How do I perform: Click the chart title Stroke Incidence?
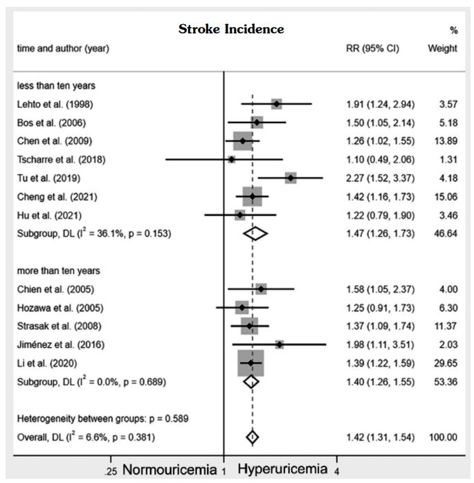231,29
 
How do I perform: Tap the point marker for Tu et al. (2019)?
291,178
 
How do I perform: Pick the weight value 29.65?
444,363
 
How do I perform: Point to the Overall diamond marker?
252,437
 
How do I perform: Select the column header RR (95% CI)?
372,48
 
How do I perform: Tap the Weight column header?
443,48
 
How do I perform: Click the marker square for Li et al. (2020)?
250,363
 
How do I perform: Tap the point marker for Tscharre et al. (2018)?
231,160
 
